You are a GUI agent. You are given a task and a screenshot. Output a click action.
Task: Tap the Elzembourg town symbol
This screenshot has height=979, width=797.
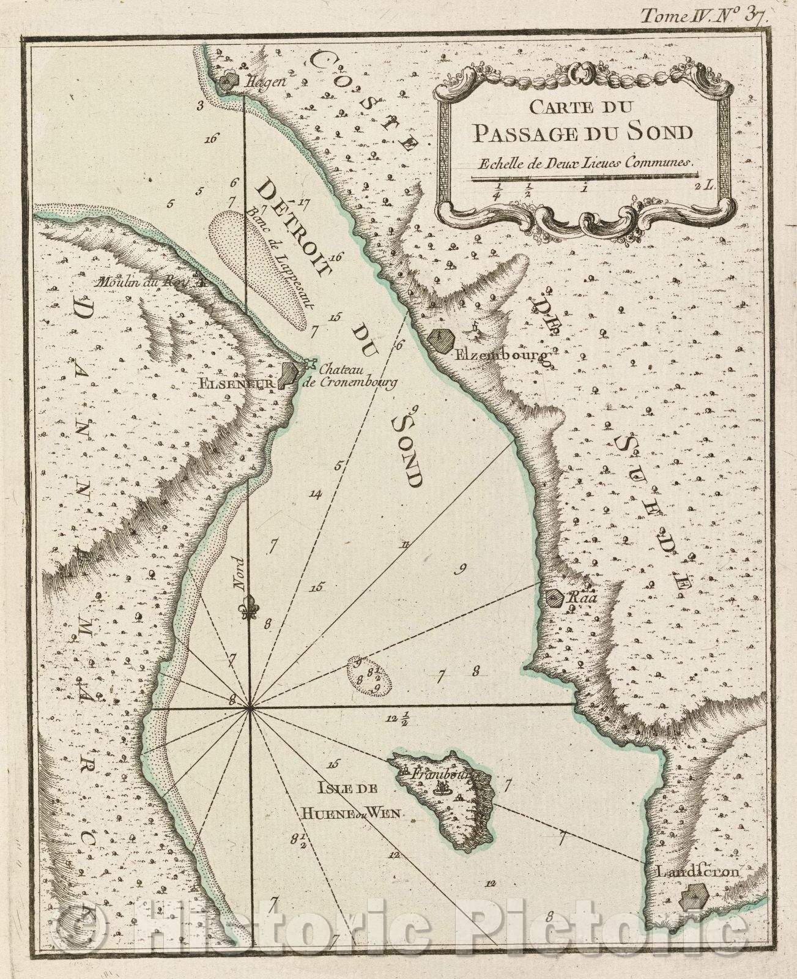[440, 340]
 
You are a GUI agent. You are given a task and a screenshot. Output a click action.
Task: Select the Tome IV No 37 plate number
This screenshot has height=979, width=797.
[703, 17]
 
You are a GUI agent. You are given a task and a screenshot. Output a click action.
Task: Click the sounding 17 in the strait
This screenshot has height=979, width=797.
[304, 203]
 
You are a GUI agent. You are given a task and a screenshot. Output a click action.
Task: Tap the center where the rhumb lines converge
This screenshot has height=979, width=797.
[250, 709]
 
